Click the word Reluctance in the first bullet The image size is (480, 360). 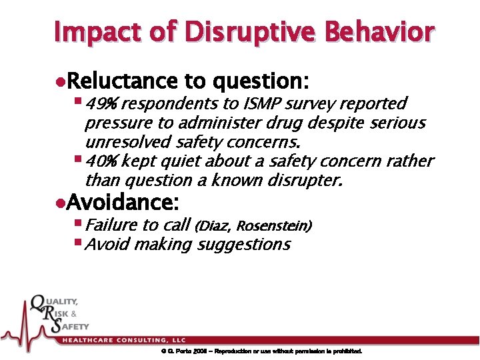pyautogui.click(x=123, y=81)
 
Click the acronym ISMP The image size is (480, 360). pyautogui.click(x=262, y=104)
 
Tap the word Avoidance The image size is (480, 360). pyautogui.click(x=123, y=201)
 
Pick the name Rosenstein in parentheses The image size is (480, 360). pyautogui.click(x=273, y=226)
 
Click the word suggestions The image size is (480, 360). pyautogui.click(x=243, y=245)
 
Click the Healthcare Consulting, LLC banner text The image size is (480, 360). pyautogui.click(x=125, y=340)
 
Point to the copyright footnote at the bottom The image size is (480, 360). pyautogui.click(x=261, y=351)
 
